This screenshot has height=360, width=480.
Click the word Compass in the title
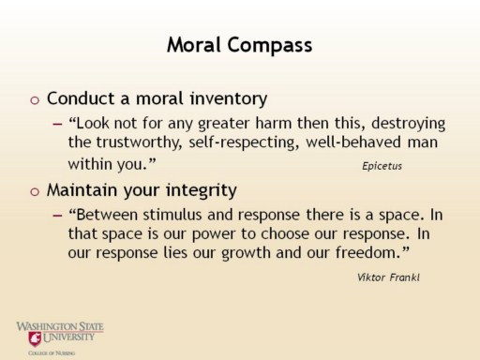[270, 46]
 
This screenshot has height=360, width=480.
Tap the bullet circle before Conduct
[35, 100]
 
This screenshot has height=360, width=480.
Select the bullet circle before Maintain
[35, 191]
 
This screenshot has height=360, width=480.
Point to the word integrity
[202, 190]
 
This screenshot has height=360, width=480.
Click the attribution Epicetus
[382, 166]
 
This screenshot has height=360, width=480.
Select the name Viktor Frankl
[388, 277]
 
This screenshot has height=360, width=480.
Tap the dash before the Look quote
[57, 124]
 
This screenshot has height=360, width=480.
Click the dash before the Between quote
[57, 216]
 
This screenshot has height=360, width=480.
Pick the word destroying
[409, 124]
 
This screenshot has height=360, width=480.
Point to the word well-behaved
[353, 142]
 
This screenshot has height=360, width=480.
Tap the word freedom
[368, 252]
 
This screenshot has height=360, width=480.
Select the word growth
[246, 253]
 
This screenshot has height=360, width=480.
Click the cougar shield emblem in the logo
[35, 338]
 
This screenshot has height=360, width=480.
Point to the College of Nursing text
[52, 353]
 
